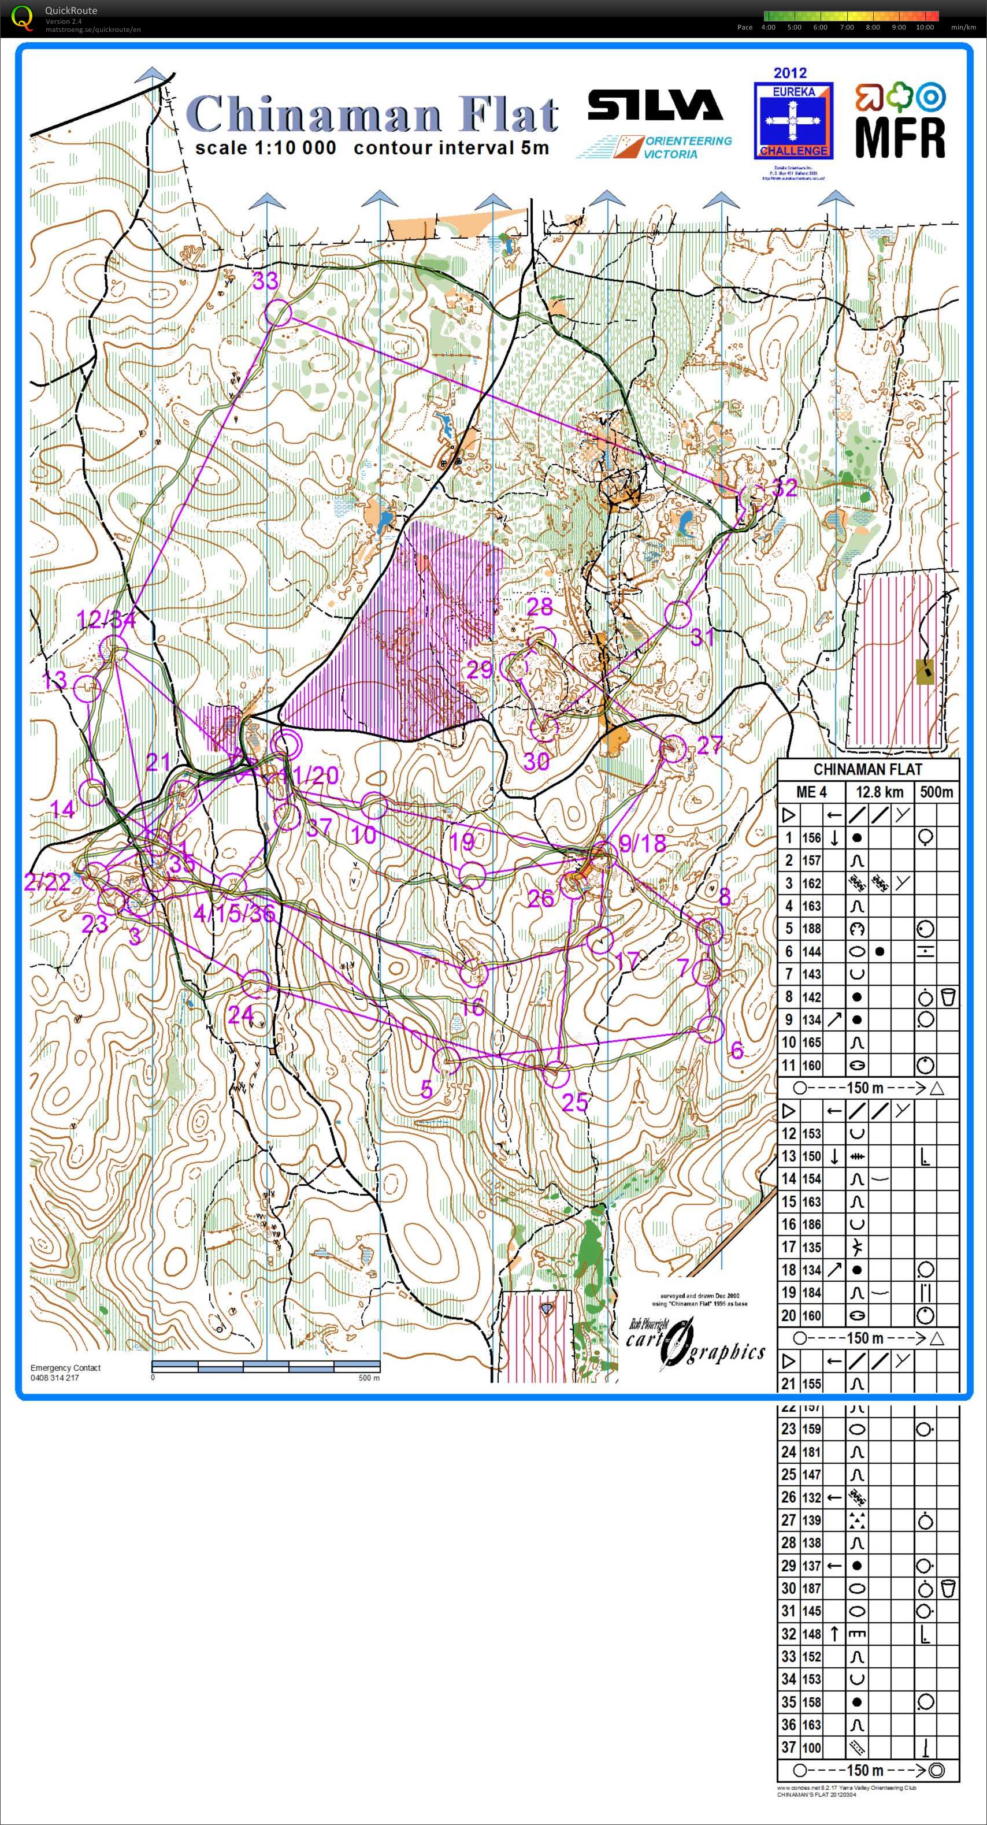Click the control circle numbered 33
coord(278,313)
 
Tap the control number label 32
coord(784,487)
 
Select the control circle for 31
coord(678,614)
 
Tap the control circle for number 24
coord(256,984)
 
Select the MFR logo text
coord(900,137)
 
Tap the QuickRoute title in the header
coord(71,10)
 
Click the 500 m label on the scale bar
coord(369,1377)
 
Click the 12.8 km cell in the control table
coord(880,791)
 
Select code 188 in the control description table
coord(811,928)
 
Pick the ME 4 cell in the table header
coord(811,791)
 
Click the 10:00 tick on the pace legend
coord(924,28)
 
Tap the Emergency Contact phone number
coord(54,1377)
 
